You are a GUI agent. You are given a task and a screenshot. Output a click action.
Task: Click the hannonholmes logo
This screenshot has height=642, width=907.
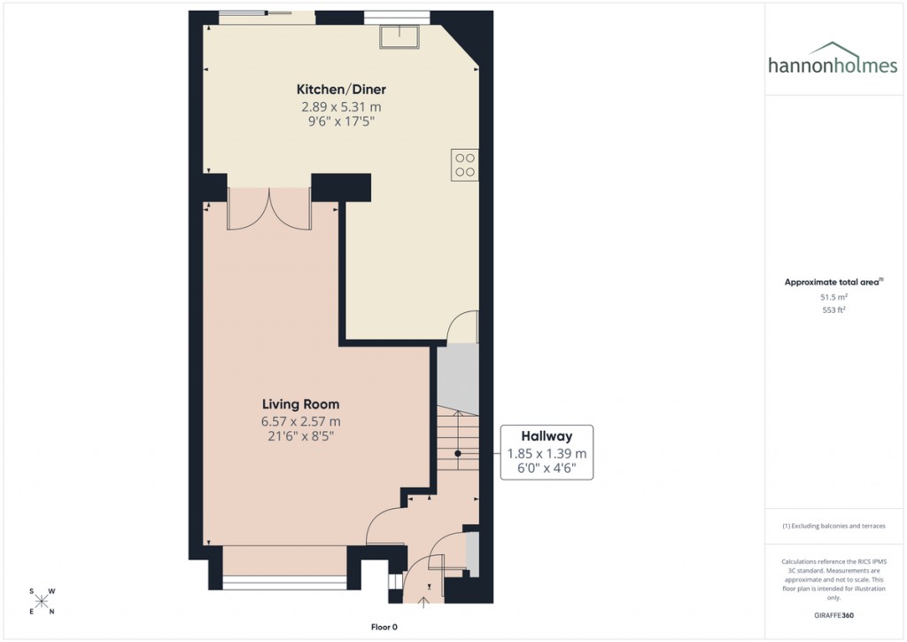pyautogui.click(x=833, y=65)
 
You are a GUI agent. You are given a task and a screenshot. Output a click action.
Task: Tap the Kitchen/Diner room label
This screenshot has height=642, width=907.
pyautogui.click(x=341, y=90)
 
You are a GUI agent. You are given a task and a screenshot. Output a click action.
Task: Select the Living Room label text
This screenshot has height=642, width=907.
pyautogui.click(x=300, y=404)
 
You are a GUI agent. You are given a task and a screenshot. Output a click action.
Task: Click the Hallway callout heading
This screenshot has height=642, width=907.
pyautogui.click(x=546, y=435)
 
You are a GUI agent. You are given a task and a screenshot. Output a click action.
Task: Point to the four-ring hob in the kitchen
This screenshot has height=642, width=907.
pyautogui.click(x=465, y=165)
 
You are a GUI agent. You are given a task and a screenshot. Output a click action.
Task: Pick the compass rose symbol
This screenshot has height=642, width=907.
pyautogui.click(x=42, y=601)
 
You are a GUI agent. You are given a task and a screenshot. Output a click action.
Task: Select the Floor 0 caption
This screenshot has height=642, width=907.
pyautogui.click(x=384, y=627)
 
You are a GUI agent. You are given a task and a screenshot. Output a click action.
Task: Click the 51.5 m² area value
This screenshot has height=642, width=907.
pyautogui.click(x=833, y=298)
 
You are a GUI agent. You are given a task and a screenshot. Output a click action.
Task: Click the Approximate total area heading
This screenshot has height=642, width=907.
pyautogui.click(x=833, y=282)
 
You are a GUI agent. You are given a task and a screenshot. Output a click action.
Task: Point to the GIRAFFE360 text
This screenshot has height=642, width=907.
pyautogui.click(x=833, y=615)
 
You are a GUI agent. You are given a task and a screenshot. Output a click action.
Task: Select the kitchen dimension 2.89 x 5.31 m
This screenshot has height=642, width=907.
pyautogui.click(x=341, y=106)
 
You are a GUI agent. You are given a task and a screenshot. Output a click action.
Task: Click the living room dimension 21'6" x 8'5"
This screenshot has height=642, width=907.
pyautogui.click(x=300, y=436)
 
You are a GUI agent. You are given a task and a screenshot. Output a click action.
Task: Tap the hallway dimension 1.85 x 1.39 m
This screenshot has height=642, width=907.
pyautogui.click(x=546, y=453)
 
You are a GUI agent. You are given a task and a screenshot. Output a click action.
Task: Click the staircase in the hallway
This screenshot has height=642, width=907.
pyautogui.click(x=457, y=452)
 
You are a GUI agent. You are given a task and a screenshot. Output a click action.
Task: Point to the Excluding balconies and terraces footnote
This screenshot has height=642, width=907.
pyautogui.click(x=833, y=526)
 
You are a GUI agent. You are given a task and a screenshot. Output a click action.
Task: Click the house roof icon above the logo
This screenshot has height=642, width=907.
pyautogui.click(x=834, y=49)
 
